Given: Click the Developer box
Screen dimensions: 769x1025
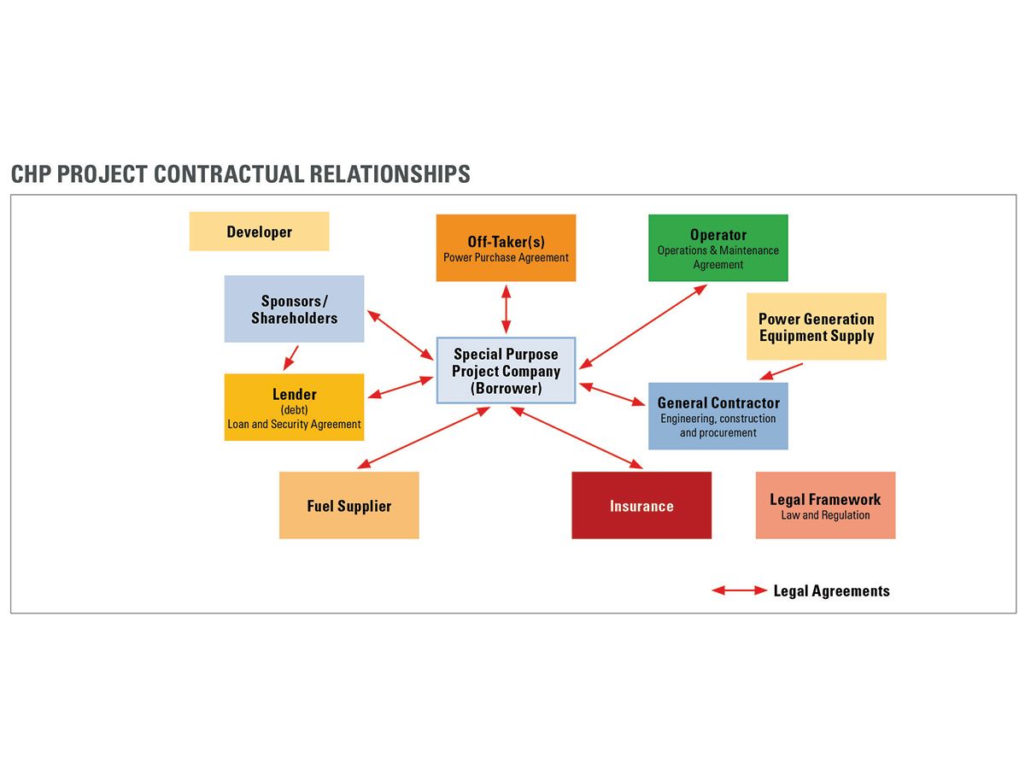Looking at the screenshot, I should pos(259,232).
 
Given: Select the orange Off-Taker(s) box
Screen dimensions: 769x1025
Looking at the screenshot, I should pos(506,248).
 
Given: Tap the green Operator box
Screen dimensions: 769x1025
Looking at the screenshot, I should pos(717,248).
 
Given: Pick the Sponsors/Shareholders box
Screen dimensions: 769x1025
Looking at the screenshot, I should pos(294,308).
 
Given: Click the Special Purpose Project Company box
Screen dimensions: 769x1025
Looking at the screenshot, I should pos(506,370).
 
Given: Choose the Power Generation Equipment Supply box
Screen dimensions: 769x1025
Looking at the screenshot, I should pos(816,326).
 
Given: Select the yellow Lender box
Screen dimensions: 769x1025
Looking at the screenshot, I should pos(294,407).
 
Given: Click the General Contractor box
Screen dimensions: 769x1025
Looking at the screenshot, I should pos(717,416).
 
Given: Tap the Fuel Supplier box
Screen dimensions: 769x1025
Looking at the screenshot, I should pos(348,505).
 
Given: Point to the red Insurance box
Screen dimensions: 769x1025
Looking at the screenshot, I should pos(641,505).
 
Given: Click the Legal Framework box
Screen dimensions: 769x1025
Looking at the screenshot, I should pos(825,505).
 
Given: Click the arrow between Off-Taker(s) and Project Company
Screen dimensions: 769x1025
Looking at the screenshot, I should pos(506,309).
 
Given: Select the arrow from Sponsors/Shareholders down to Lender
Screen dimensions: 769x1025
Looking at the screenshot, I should pos(292,355).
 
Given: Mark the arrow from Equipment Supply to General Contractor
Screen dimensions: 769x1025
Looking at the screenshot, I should pos(782,372).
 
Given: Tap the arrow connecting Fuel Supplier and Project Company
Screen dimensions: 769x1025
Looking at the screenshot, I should pos(424,437).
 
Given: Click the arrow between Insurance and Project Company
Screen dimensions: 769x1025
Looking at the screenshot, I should pos(577,437).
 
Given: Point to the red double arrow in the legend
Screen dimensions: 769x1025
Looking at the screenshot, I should pos(740,590).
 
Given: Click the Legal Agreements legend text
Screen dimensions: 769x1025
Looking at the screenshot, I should pos(831,590).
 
